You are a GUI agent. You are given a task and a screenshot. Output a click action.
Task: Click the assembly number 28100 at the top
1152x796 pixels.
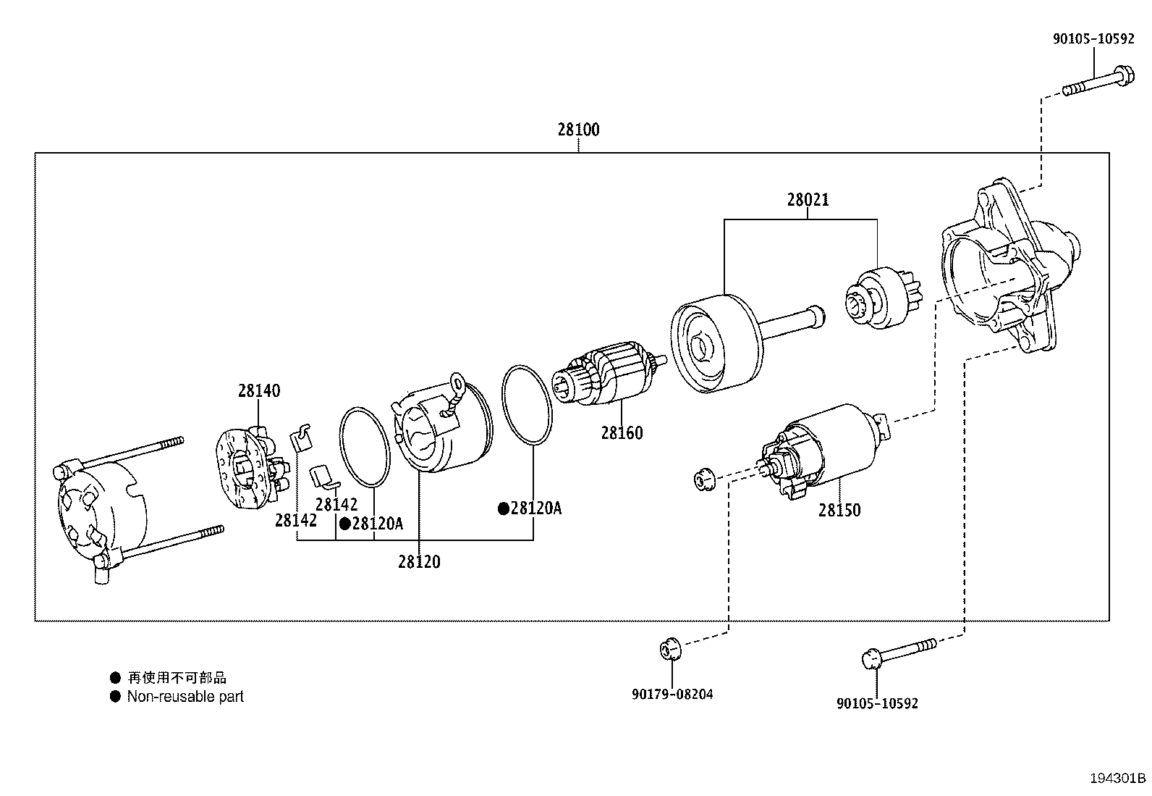(x=578, y=130)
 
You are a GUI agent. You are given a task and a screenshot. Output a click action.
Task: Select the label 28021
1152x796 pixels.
(x=808, y=200)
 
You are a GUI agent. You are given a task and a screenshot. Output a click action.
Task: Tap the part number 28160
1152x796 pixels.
(x=622, y=433)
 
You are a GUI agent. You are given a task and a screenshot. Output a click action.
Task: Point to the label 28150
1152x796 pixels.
(x=839, y=511)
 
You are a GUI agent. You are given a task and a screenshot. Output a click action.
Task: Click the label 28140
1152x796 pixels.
(x=258, y=391)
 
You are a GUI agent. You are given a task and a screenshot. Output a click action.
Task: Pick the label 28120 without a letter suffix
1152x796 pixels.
(x=418, y=562)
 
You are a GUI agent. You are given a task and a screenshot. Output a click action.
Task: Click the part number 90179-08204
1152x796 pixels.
(x=672, y=694)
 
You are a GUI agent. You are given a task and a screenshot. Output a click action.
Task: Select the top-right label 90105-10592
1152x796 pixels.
(x=1093, y=39)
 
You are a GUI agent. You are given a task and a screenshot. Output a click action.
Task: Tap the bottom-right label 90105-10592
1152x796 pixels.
(x=877, y=703)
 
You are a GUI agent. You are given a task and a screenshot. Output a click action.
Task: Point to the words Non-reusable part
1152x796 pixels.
(x=185, y=697)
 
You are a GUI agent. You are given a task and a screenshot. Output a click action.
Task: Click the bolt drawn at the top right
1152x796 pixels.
(x=1097, y=81)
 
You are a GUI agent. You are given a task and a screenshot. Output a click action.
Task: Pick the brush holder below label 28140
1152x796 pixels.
(x=250, y=466)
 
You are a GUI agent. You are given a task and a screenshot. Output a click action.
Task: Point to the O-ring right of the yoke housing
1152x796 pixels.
(x=528, y=405)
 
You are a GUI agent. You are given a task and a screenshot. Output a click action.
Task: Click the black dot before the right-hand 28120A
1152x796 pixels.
(x=503, y=508)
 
